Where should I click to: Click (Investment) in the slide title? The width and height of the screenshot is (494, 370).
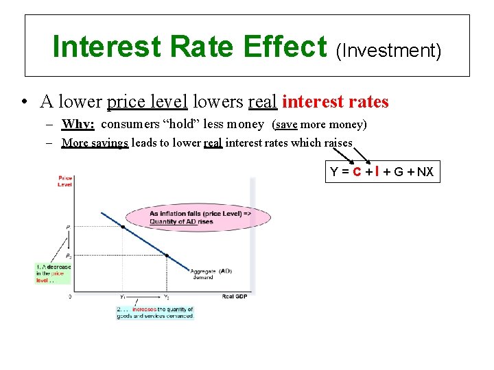(x=388, y=50)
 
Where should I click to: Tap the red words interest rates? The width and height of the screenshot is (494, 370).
(x=336, y=102)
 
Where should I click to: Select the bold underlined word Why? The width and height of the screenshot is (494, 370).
(x=78, y=125)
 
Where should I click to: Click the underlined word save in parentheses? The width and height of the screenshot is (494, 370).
(x=286, y=125)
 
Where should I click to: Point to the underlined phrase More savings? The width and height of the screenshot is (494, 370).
(x=95, y=143)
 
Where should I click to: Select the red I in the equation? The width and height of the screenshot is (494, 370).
(x=379, y=171)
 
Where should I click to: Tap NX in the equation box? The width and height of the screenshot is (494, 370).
(x=425, y=171)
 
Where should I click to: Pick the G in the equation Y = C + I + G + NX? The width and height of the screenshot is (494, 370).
(x=401, y=171)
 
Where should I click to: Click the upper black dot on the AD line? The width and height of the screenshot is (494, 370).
(x=123, y=227)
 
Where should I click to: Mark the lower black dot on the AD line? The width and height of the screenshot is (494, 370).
(x=167, y=256)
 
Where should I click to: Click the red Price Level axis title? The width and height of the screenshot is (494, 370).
(x=65, y=181)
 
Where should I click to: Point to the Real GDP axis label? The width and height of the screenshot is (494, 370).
(x=235, y=296)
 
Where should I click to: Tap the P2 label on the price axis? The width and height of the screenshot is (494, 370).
(x=67, y=256)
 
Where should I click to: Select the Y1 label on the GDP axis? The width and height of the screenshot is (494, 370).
(x=123, y=296)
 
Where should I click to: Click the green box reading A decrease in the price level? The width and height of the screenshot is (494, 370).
(x=53, y=273)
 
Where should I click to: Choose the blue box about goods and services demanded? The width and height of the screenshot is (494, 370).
(x=156, y=312)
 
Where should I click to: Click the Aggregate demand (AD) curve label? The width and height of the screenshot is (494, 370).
(x=211, y=273)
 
